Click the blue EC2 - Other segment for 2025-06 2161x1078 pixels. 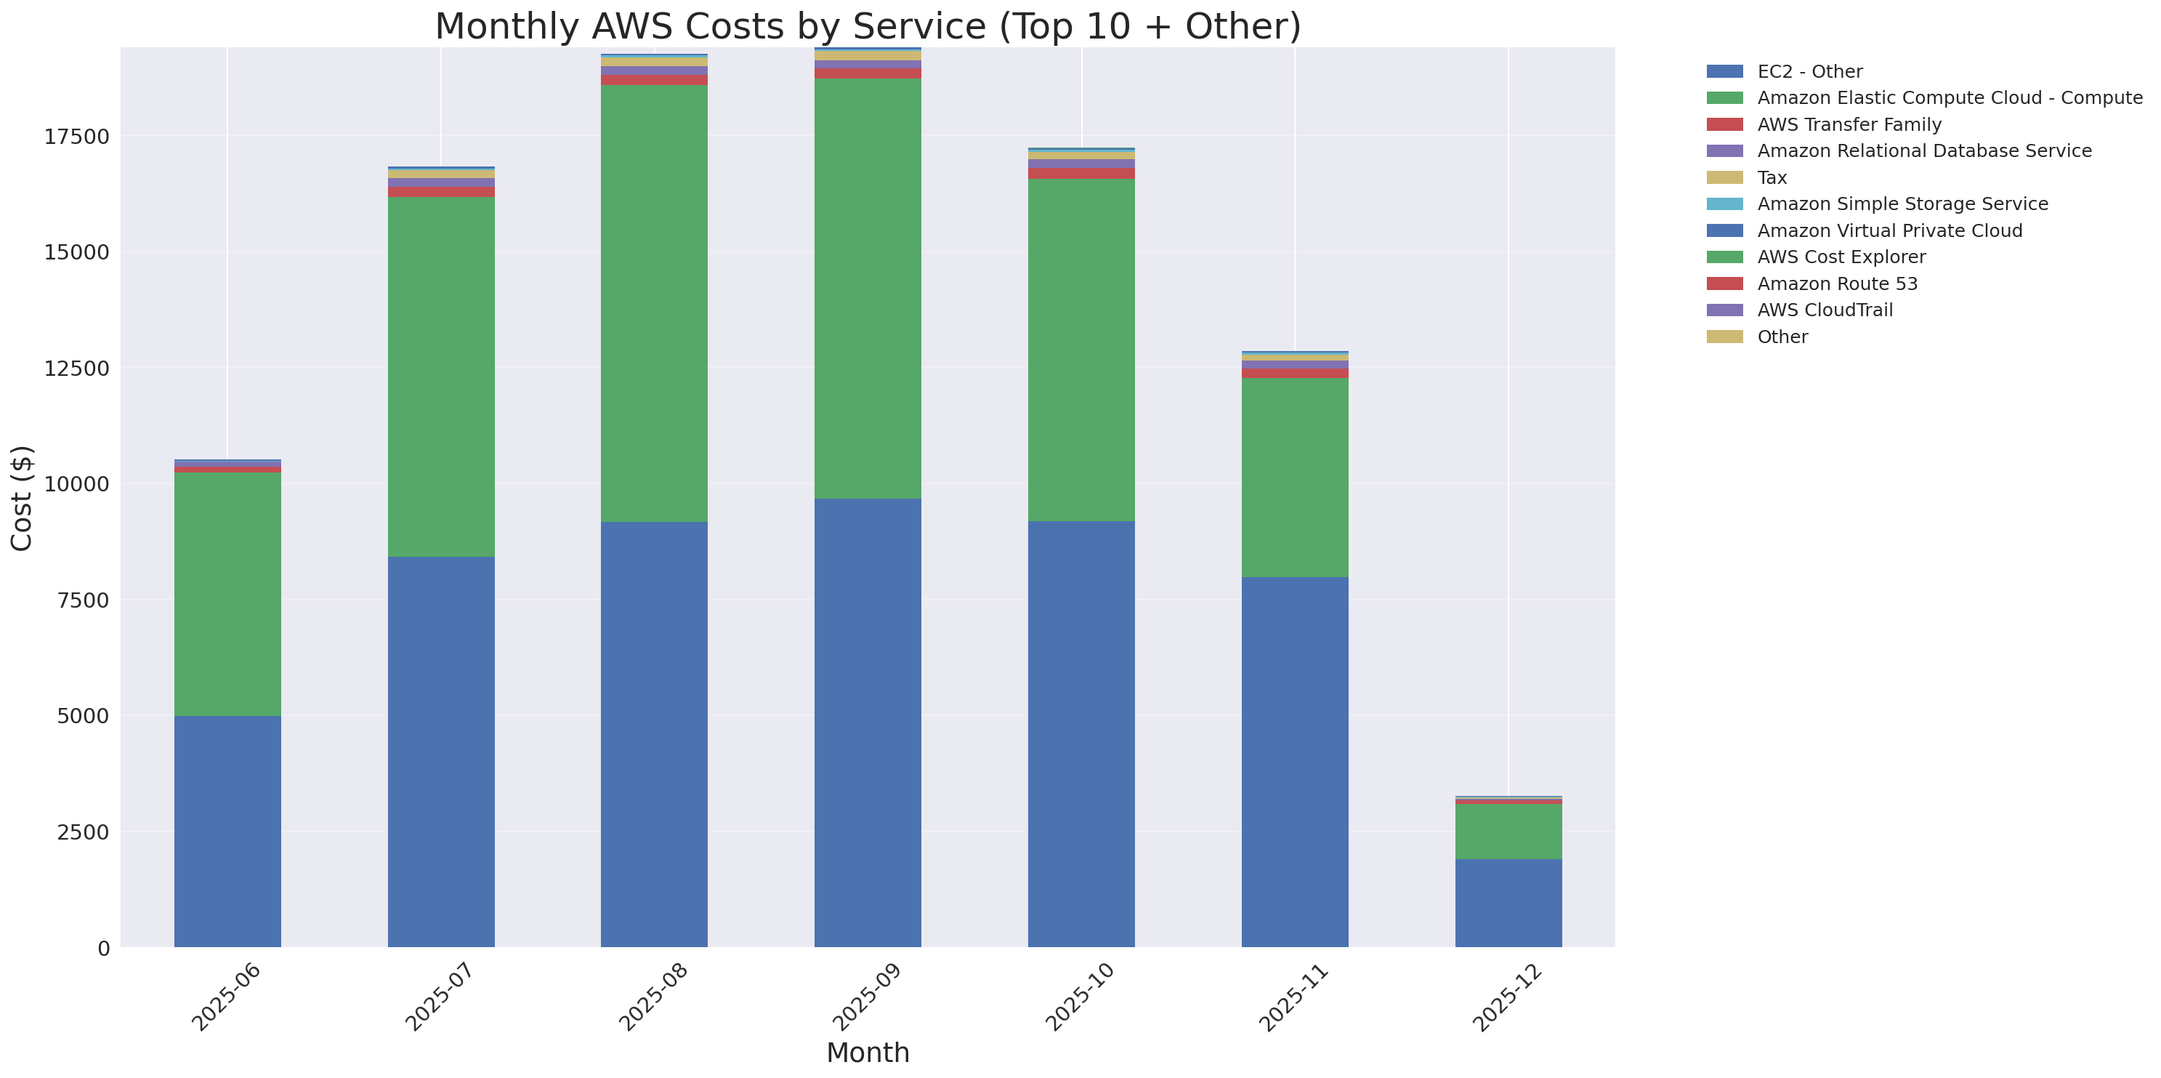click(227, 831)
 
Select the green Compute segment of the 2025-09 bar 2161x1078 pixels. click(868, 289)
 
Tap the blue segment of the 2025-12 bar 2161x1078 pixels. click(1508, 903)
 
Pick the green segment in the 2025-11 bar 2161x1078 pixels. click(1294, 477)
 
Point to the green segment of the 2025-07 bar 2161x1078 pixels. click(440, 377)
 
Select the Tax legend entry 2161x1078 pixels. click(1772, 178)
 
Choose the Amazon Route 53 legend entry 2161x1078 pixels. click(1836, 283)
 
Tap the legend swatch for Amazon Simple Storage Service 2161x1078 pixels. click(1724, 204)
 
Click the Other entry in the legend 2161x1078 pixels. click(1782, 337)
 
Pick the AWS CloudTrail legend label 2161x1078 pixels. click(1825, 310)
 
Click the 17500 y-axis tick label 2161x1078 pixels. click(76, 137)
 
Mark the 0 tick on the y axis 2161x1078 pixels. click(103, 948)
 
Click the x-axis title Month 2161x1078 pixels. click(868, 1052)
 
